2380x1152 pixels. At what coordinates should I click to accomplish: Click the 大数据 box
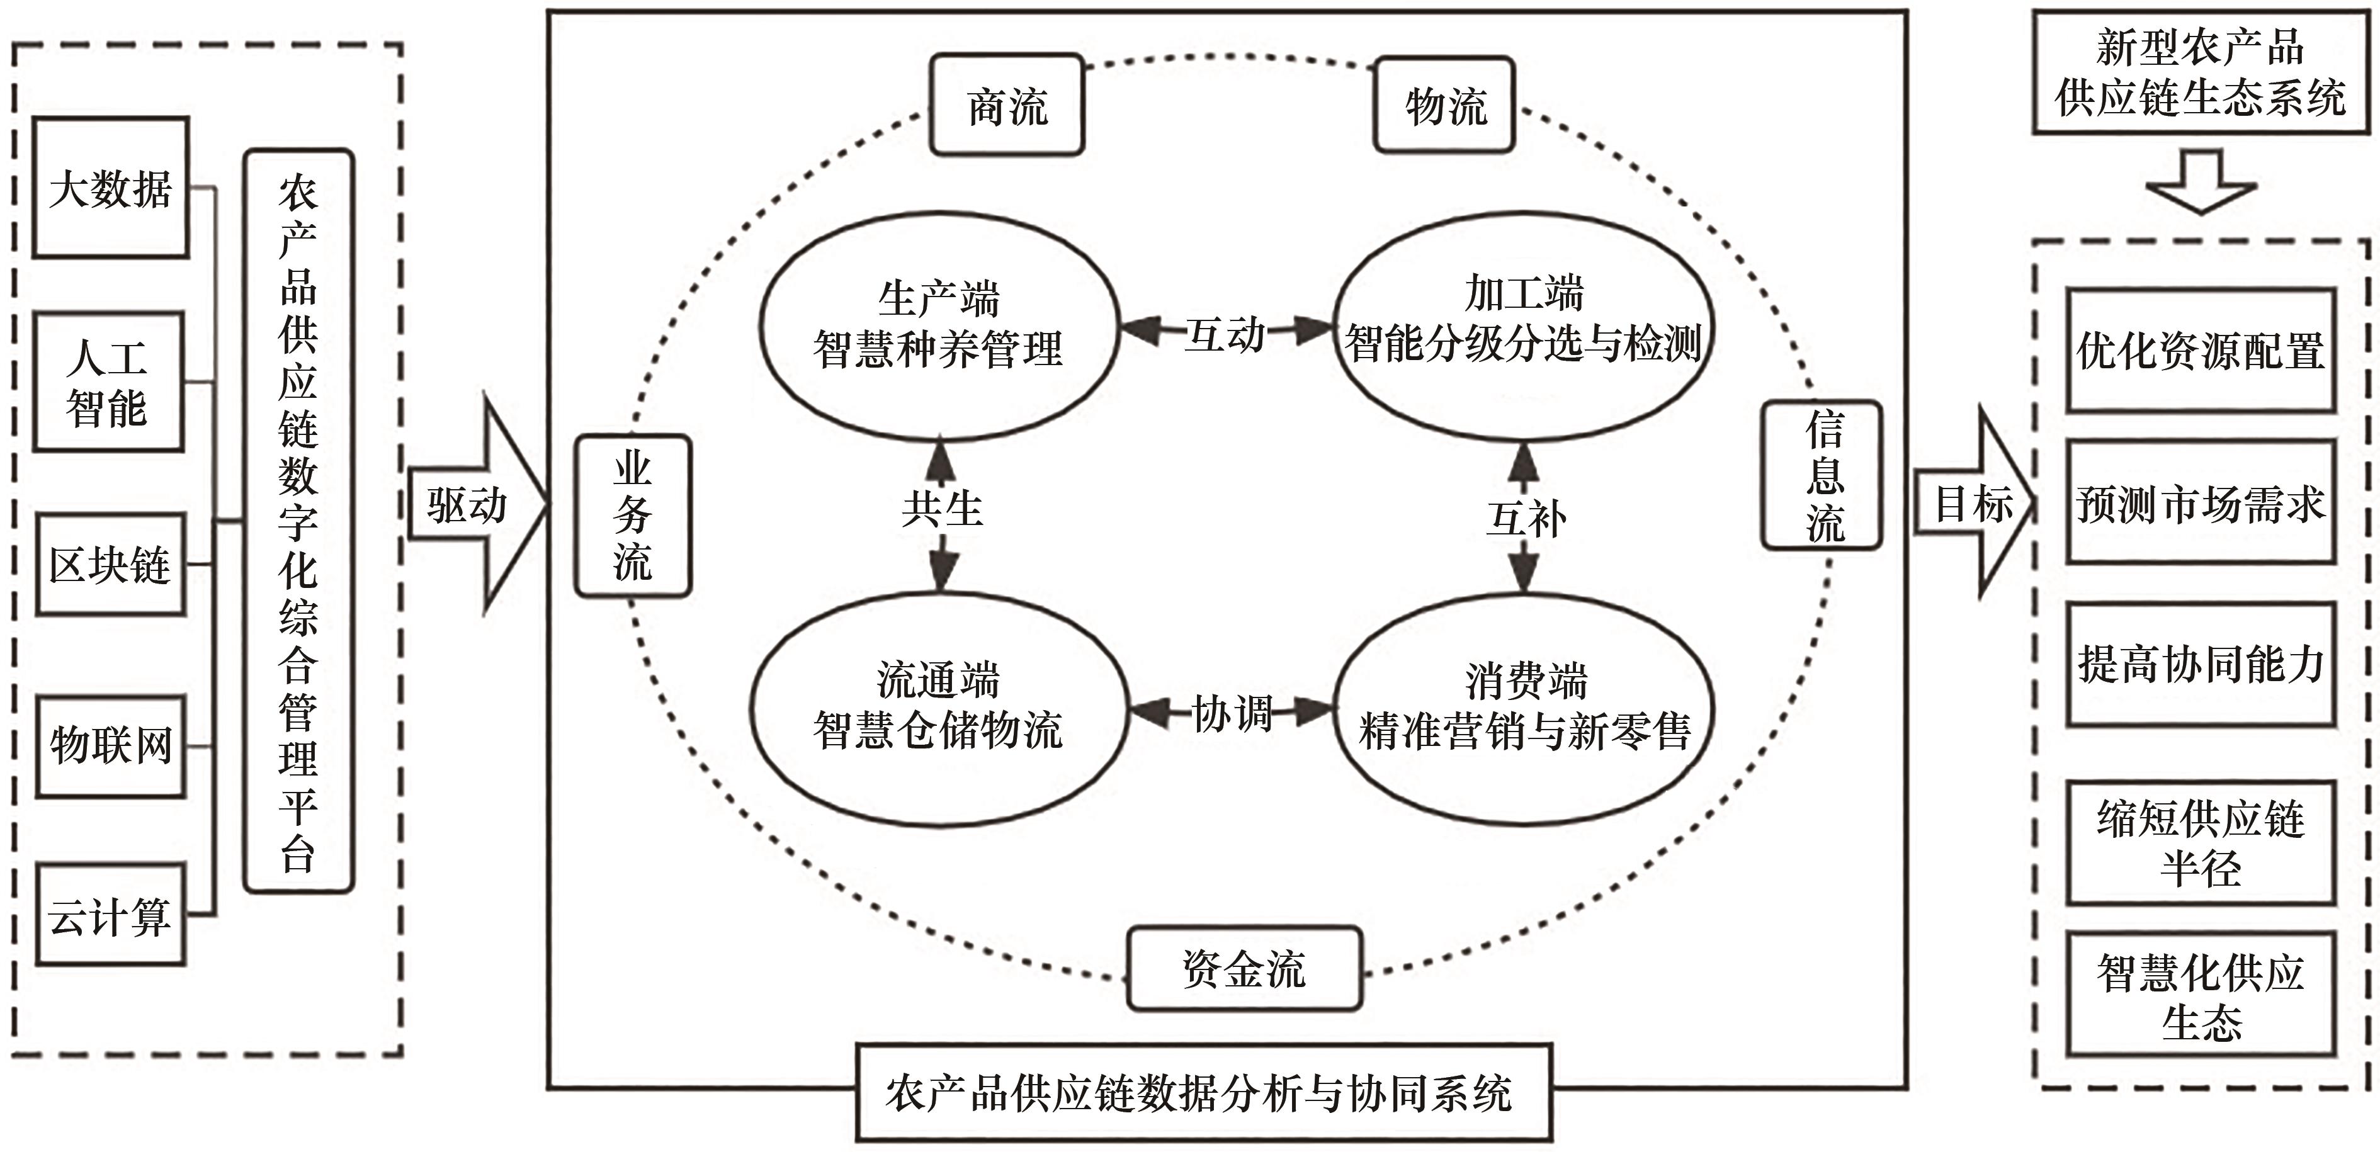click(x=111, y=188)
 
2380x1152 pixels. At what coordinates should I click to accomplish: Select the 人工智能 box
click(x=108, y=381)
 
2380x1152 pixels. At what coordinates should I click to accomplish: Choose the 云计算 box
click(x=111, y=915)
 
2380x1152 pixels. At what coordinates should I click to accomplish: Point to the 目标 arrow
click(x=1973, y=504)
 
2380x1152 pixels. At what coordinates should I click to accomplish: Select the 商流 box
click(x=1006, y=105)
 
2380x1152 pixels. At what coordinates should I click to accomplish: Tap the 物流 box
click(x=1444, y=105)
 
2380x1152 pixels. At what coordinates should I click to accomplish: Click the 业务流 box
click(x=633, y=516)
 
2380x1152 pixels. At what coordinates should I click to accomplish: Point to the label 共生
click(x=941, y=508)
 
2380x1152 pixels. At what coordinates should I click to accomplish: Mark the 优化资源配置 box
click(x=2200, y=350)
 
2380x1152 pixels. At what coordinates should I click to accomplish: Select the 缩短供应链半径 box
click(x=2200, y=842)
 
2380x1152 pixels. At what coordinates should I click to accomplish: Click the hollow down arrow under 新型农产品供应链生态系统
click(x=2201, y=182)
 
